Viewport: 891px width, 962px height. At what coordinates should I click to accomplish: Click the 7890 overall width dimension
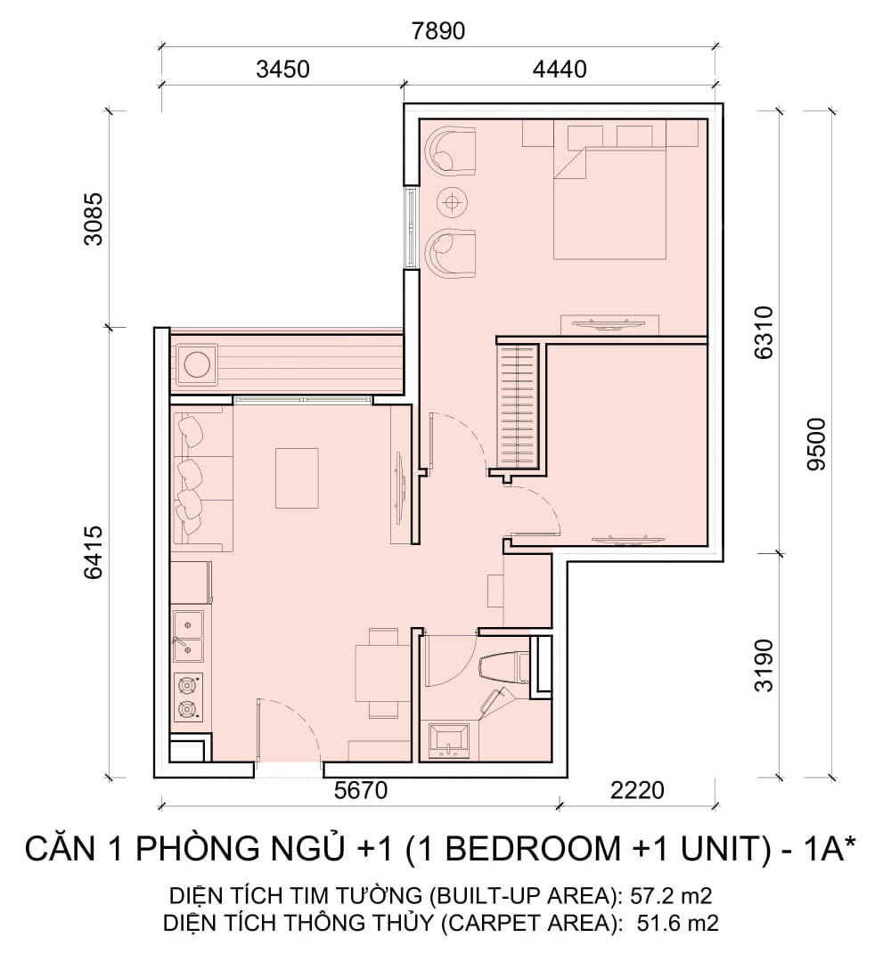tap(438, 30)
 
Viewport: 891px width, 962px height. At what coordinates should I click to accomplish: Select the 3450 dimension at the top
tap(282, 69)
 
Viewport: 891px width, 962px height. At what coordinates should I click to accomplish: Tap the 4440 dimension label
tap(560, 69)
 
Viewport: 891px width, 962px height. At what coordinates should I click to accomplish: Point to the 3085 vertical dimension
tap(94, 219)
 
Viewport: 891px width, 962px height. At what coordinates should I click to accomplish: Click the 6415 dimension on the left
tap(94, 552)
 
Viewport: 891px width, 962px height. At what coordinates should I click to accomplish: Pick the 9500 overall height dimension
tap(817, 444)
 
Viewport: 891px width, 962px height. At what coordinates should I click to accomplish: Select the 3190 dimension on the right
tap(764, 665)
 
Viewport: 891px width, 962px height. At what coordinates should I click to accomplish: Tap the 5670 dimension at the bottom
tap(361, 790)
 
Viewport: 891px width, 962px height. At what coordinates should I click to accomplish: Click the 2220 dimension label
tap(638, 790)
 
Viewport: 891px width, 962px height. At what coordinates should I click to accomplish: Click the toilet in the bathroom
tap(503, 667)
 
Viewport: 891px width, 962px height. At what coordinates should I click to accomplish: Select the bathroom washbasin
tap(448, 740)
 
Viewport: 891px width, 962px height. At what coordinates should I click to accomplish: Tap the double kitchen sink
tap(188, 636)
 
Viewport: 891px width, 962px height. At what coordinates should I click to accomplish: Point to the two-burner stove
tap(188, 697)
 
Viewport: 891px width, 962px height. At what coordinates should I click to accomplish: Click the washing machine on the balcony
tap(196, 364)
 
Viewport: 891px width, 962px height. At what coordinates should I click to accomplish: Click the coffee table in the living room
tap(297, 478)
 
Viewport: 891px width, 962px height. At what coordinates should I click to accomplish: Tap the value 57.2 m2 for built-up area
tap(671, 895)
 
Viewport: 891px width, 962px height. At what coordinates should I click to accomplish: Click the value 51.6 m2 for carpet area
tap(677, 922)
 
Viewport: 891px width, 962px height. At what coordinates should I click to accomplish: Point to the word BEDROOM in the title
tap(531, 849)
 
